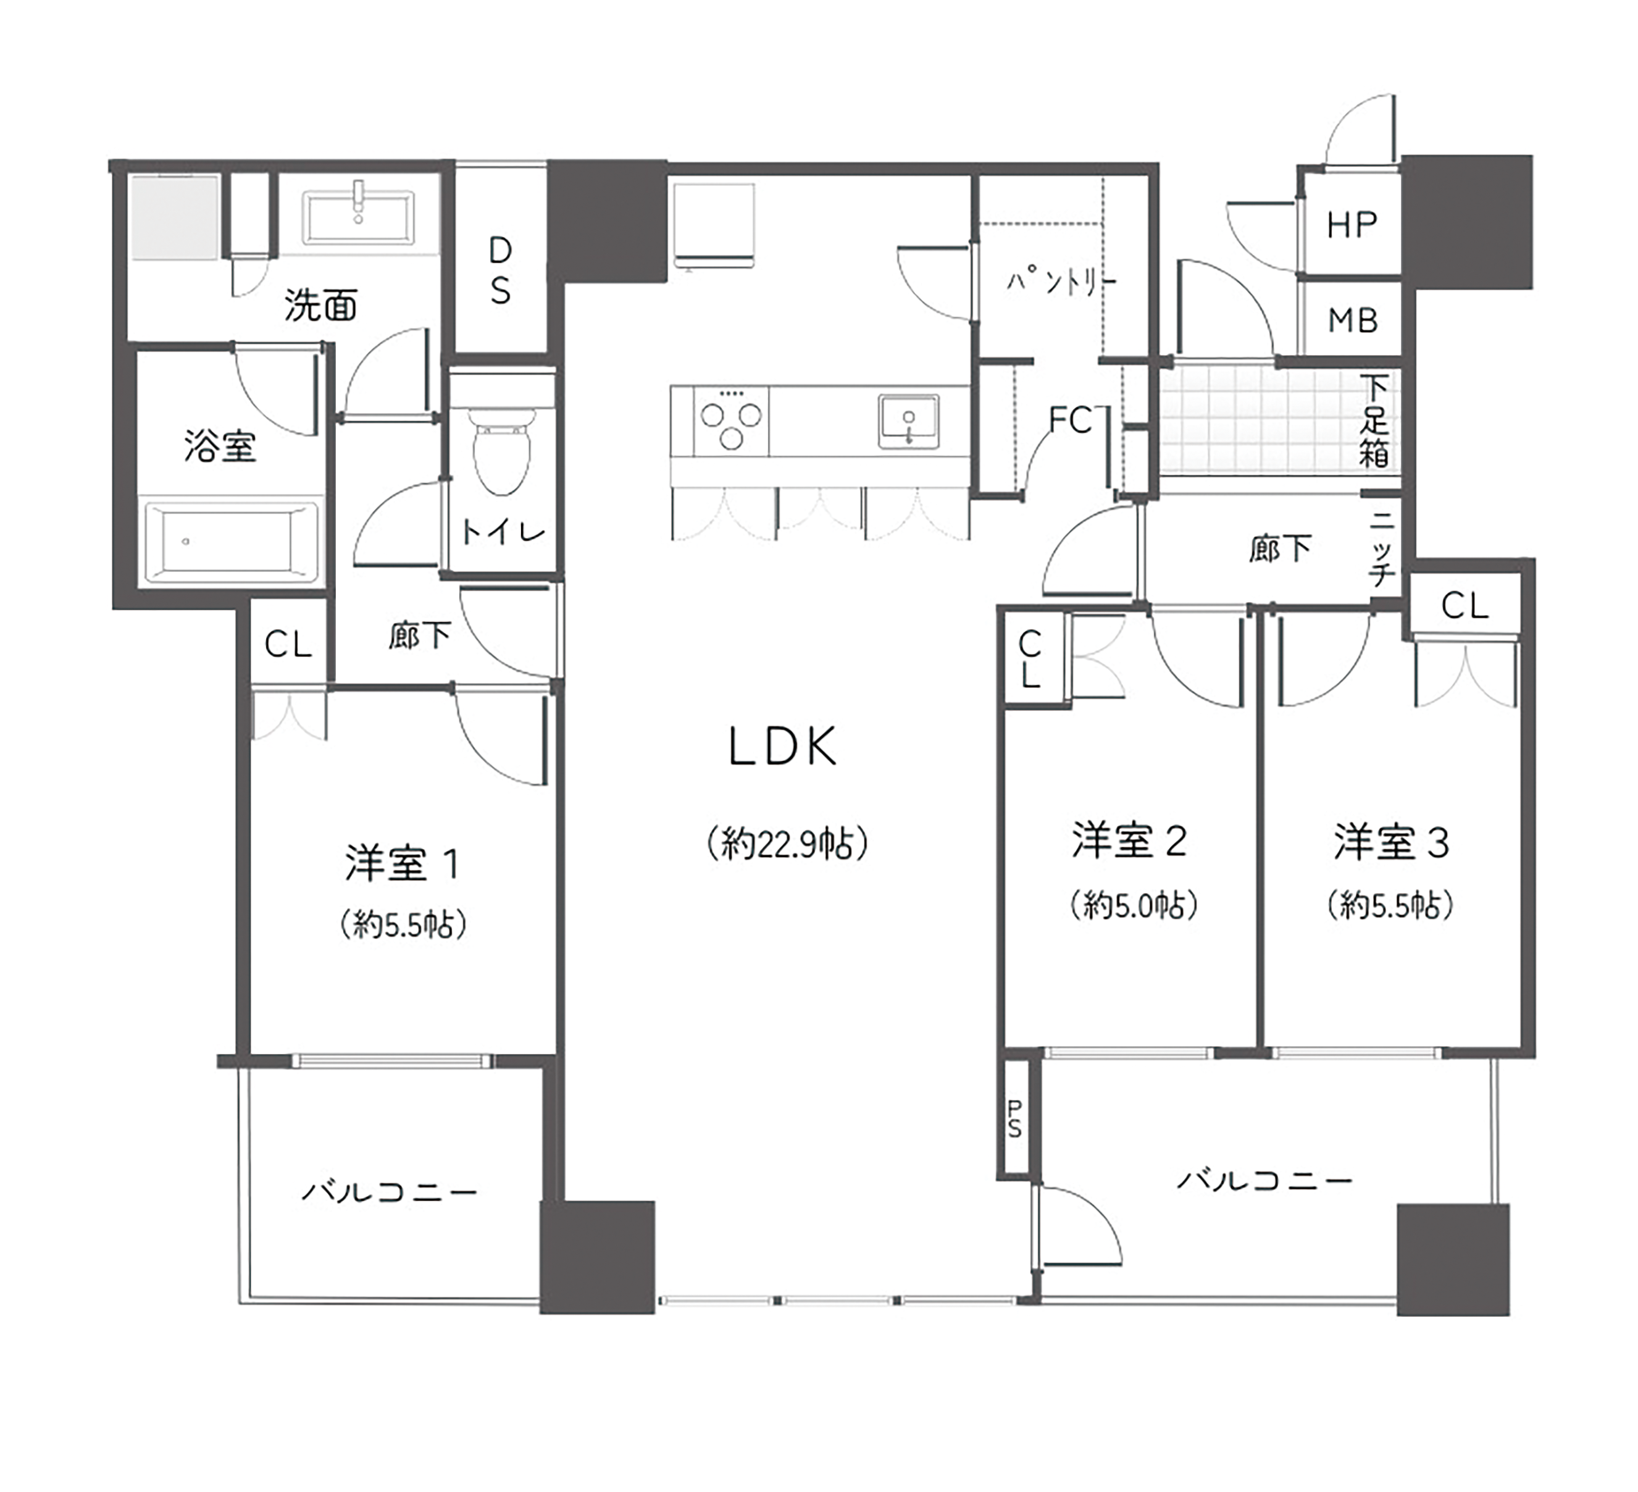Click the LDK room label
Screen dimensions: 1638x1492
782,747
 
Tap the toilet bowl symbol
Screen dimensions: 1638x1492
501,451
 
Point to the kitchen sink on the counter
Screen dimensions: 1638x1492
908,421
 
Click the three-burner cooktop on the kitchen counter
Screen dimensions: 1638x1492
730,420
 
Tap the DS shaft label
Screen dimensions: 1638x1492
501,270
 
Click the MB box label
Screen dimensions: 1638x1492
1353,321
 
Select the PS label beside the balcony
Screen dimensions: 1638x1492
1015,1119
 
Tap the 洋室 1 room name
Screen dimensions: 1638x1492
402,864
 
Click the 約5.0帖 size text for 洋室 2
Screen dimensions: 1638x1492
1134,905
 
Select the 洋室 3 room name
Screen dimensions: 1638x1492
1392,843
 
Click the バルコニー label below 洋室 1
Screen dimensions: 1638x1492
389,1192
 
